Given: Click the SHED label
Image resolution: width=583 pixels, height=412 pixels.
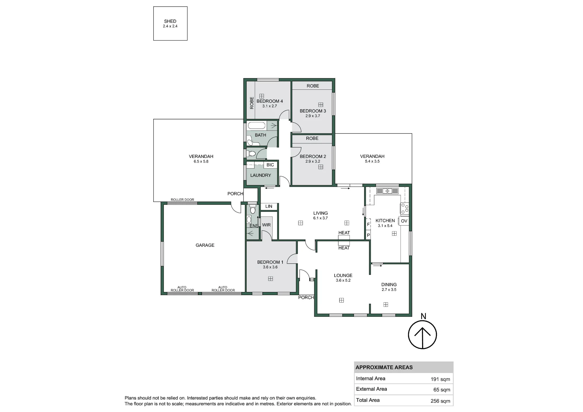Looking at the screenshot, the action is (x=170, y=21).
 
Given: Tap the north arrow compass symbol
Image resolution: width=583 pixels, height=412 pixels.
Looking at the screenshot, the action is (x=422, y=334).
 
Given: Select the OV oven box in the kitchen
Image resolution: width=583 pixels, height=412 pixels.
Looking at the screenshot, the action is (x=404, y=221).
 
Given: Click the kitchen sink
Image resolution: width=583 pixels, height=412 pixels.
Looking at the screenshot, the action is (x=387, y=191).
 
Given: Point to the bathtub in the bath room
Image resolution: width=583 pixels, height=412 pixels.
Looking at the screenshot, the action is (x=257, y=126).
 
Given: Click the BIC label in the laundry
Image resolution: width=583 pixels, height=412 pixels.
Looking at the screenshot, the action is (x=270, y=165).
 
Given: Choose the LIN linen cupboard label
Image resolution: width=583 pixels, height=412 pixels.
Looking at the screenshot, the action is (x=269, y=206).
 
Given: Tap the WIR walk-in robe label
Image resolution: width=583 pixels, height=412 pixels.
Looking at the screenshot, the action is (x=266, y=225).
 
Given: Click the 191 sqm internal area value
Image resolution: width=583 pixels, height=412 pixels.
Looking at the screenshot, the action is (x=440, y=379).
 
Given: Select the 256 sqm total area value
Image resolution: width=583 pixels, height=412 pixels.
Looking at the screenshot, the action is (x=440, y=401).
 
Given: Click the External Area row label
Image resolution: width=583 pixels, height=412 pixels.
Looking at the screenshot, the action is (x=371, y=389).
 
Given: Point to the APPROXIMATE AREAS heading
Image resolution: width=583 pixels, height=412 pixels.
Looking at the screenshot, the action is (x=384, y=367).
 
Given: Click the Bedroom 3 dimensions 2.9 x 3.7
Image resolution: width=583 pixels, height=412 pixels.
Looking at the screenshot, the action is (x=313, y=116).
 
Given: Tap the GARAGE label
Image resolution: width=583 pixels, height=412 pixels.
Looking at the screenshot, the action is (x=205, y=245).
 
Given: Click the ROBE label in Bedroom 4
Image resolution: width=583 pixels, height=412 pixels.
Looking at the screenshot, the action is (x=252, y=103).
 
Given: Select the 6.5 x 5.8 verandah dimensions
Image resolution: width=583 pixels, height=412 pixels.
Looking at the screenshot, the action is (x=201, y=161).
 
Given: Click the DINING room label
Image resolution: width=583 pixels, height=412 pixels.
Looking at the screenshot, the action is (x=389, y=285).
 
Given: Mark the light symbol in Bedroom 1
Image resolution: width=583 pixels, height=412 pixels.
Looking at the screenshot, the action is (x=271, y=279).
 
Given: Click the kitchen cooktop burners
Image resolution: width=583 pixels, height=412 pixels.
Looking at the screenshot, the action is (x=405, y=209).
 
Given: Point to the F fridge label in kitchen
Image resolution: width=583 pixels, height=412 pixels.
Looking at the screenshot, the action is (x=368, y=224).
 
